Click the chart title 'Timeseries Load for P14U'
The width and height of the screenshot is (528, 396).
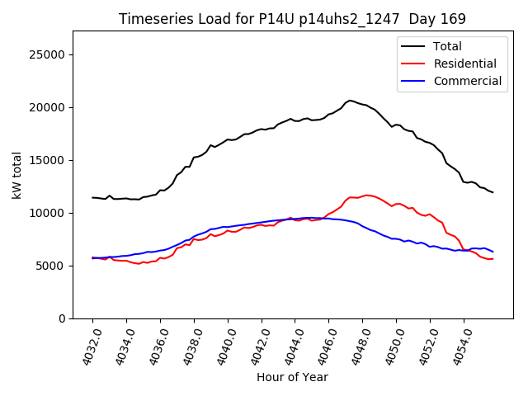(292, 18)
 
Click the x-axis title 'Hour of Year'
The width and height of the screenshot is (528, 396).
(292, 377)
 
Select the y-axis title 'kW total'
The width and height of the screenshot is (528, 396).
(16, 175)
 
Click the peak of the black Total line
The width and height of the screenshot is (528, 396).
(350, 100)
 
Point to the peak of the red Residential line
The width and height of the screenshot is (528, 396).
(367, 195)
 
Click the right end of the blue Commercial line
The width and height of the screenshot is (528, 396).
(493, 252)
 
